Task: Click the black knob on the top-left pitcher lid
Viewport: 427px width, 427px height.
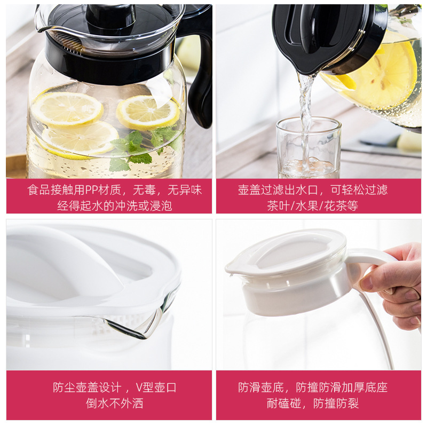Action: point(111,17)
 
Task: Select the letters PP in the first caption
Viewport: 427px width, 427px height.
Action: point(91,190)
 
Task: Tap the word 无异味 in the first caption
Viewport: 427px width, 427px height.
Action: point(184,190)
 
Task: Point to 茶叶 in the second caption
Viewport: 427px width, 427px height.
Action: point(278,205)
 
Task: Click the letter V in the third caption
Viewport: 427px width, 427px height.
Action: point(139,388)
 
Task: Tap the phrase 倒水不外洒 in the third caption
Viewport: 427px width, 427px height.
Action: point(114,404)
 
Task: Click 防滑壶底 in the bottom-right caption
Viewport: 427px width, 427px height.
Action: point(261,388)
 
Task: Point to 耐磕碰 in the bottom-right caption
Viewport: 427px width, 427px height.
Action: point(284,404)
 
